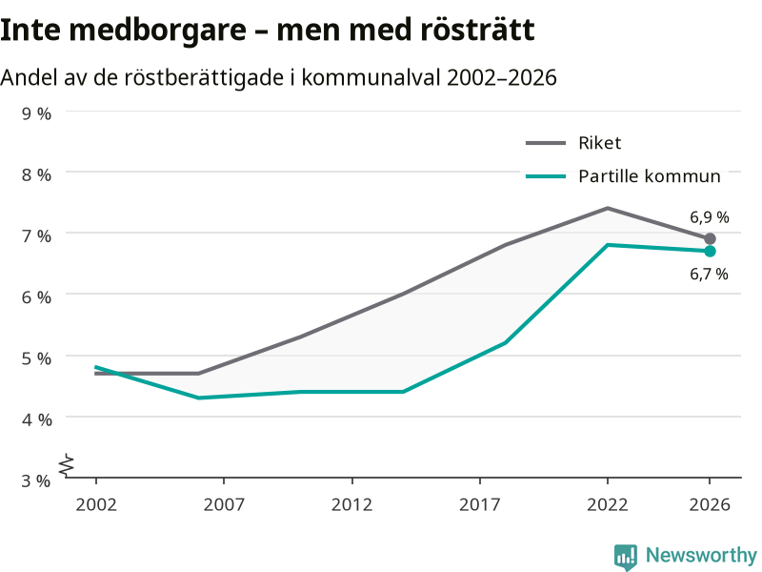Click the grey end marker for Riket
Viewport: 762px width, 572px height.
pyautogui.click(x=710, y=239)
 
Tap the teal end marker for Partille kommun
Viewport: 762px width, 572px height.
pyautogui.click(x=710, y=251)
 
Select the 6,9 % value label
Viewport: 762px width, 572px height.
pyautogui.click(x=709, y=217)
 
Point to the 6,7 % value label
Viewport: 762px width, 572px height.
pyautogui.click(x=709, y=275)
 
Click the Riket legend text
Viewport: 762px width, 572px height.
pyautogui.click(x=600, y=143)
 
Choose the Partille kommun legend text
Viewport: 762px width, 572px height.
pyautogui.click(x=650, y=176)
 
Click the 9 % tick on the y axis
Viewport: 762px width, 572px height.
pyautogui.click(x=36, y=113)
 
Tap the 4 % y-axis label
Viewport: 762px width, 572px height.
pyautogui.click(x=36, y=419)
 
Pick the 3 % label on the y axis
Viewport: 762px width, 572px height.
pyautogui.click(x=36, y=480)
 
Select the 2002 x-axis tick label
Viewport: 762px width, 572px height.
pyautogui.click(x=96, y=504)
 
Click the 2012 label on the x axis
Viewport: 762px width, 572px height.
pyautogui.click(x=351, y=504)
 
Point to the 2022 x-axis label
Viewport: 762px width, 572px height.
pyautogui.click(x=608, y=504)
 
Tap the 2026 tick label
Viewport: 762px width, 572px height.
pyautogui.click(x=710, y=504)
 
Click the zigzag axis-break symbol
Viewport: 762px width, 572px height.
pyautogui.click(x=67, y=465)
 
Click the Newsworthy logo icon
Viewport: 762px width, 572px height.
pyautogui.click(x=626, y=557)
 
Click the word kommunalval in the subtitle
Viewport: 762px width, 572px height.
pyautogui.click(x=371, y=78)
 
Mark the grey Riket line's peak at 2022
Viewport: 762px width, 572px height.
pyautogui.click(x=608, y=208)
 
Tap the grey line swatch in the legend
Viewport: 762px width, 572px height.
pyautogui.click(x=546, y=143)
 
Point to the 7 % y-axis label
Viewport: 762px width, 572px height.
pyautogui.click(x=36, y=235)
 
